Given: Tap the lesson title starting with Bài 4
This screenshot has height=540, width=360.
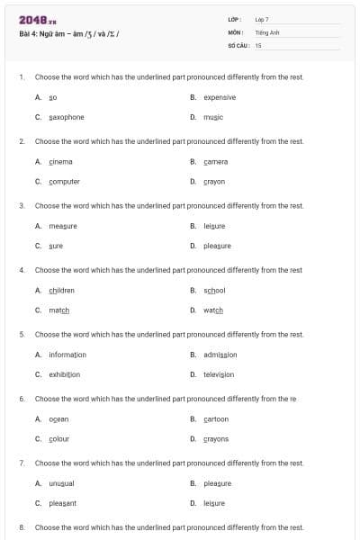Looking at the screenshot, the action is pyautogui.click(x=69, y=35).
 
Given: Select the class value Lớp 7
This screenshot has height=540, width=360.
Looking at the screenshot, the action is pyautogui.click(x=262, y=19).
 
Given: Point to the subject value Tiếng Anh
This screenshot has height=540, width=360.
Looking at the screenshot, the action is pyautogui.click(x=267, y=31).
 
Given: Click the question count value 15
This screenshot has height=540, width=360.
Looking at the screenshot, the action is pyautogui.click(x=258, y=44).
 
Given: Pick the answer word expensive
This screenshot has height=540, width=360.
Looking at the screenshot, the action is pyautogui.click(x=220, y=97).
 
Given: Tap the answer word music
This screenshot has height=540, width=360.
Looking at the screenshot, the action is pyautogui.click(x=213, y=117).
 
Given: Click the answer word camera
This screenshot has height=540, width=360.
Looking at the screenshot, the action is pyautogui.click(x=216, y=162).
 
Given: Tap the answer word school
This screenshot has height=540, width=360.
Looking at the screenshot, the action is pyautogui.click(x=214, y=291).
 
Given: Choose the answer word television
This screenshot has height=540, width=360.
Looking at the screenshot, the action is pyautogui.click(x=219, y=373).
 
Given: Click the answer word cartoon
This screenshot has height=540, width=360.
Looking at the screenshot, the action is pyautogui.click(x=216, y=418).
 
